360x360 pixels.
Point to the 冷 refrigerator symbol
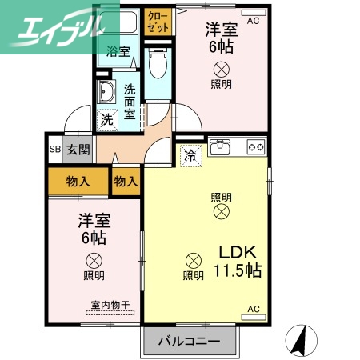coord(190,154)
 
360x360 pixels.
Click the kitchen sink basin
coord(222,148)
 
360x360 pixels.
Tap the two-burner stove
coord(256,147)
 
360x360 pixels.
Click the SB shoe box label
coord(54,149)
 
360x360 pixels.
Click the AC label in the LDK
coord(253,309)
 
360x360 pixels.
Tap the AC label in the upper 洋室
coord(254,19)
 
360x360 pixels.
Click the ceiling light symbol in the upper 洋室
coord(221,69)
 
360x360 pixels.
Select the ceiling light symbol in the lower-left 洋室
coord(94,260)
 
